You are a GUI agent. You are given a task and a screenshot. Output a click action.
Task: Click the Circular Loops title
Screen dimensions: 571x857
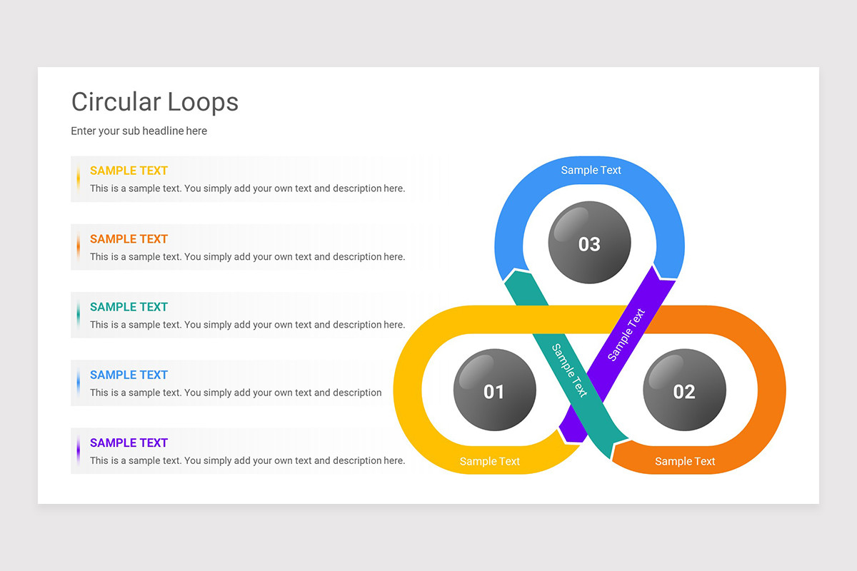tap(155, 102)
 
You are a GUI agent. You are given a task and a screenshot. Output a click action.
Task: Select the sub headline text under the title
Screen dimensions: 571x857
tap(139, 131)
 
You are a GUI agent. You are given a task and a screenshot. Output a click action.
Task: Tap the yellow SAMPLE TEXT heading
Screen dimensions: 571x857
tap(129, 171)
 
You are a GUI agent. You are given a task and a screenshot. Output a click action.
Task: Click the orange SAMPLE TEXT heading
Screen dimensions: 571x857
tap(129, 239)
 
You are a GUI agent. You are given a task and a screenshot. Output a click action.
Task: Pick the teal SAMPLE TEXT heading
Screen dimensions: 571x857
tap(129, 307)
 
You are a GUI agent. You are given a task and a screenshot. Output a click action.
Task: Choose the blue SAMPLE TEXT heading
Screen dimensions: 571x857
tap(129, 375)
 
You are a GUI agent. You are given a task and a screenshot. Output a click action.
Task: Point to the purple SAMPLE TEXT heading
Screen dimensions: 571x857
tap(129, 443)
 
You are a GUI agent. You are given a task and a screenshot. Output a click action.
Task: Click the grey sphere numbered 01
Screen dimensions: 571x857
tap(494, 390)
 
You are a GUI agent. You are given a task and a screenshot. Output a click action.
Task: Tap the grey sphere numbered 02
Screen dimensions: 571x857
tap(684, 390)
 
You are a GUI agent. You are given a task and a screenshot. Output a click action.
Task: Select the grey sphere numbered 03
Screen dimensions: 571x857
tap(589, 243)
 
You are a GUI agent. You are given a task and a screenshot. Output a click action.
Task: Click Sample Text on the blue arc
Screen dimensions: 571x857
tap(591, 170)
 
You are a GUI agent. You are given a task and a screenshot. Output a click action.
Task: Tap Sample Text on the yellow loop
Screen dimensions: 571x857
tap(490, 461)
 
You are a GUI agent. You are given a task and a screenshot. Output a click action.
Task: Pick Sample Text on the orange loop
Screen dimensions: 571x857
tap(685, 461)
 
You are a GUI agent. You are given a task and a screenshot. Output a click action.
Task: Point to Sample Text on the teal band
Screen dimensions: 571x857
tap(570, 370)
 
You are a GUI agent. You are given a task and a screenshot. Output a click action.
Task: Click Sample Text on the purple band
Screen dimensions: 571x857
tap(626, 334)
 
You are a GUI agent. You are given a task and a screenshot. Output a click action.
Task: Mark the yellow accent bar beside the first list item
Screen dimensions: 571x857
tap(78, 178)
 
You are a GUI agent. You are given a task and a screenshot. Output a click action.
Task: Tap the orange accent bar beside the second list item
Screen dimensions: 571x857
tap(78, 247)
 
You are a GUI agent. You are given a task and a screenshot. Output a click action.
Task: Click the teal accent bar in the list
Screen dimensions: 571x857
tap(78, 315)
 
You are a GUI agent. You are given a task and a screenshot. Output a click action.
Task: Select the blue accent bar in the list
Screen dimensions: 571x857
tap(78, 383)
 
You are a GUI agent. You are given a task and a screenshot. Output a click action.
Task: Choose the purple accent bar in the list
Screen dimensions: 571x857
tap(78, 450)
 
